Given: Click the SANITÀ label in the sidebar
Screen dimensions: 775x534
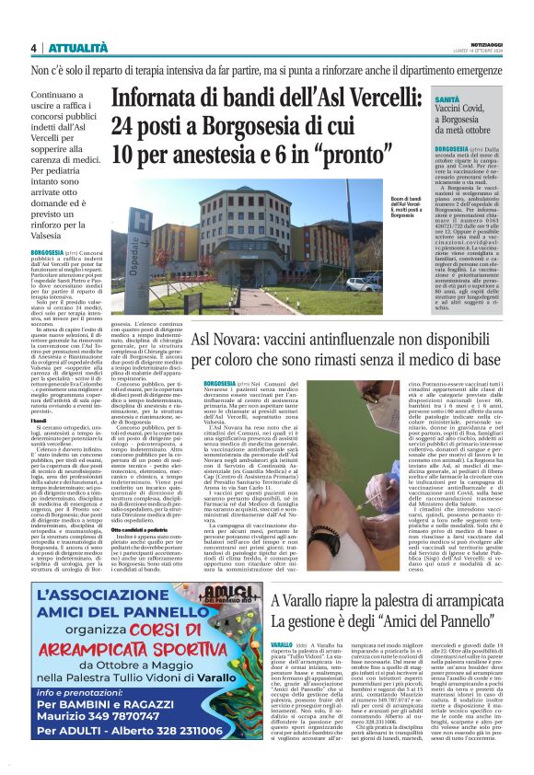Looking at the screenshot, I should click(x=448, y=98).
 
